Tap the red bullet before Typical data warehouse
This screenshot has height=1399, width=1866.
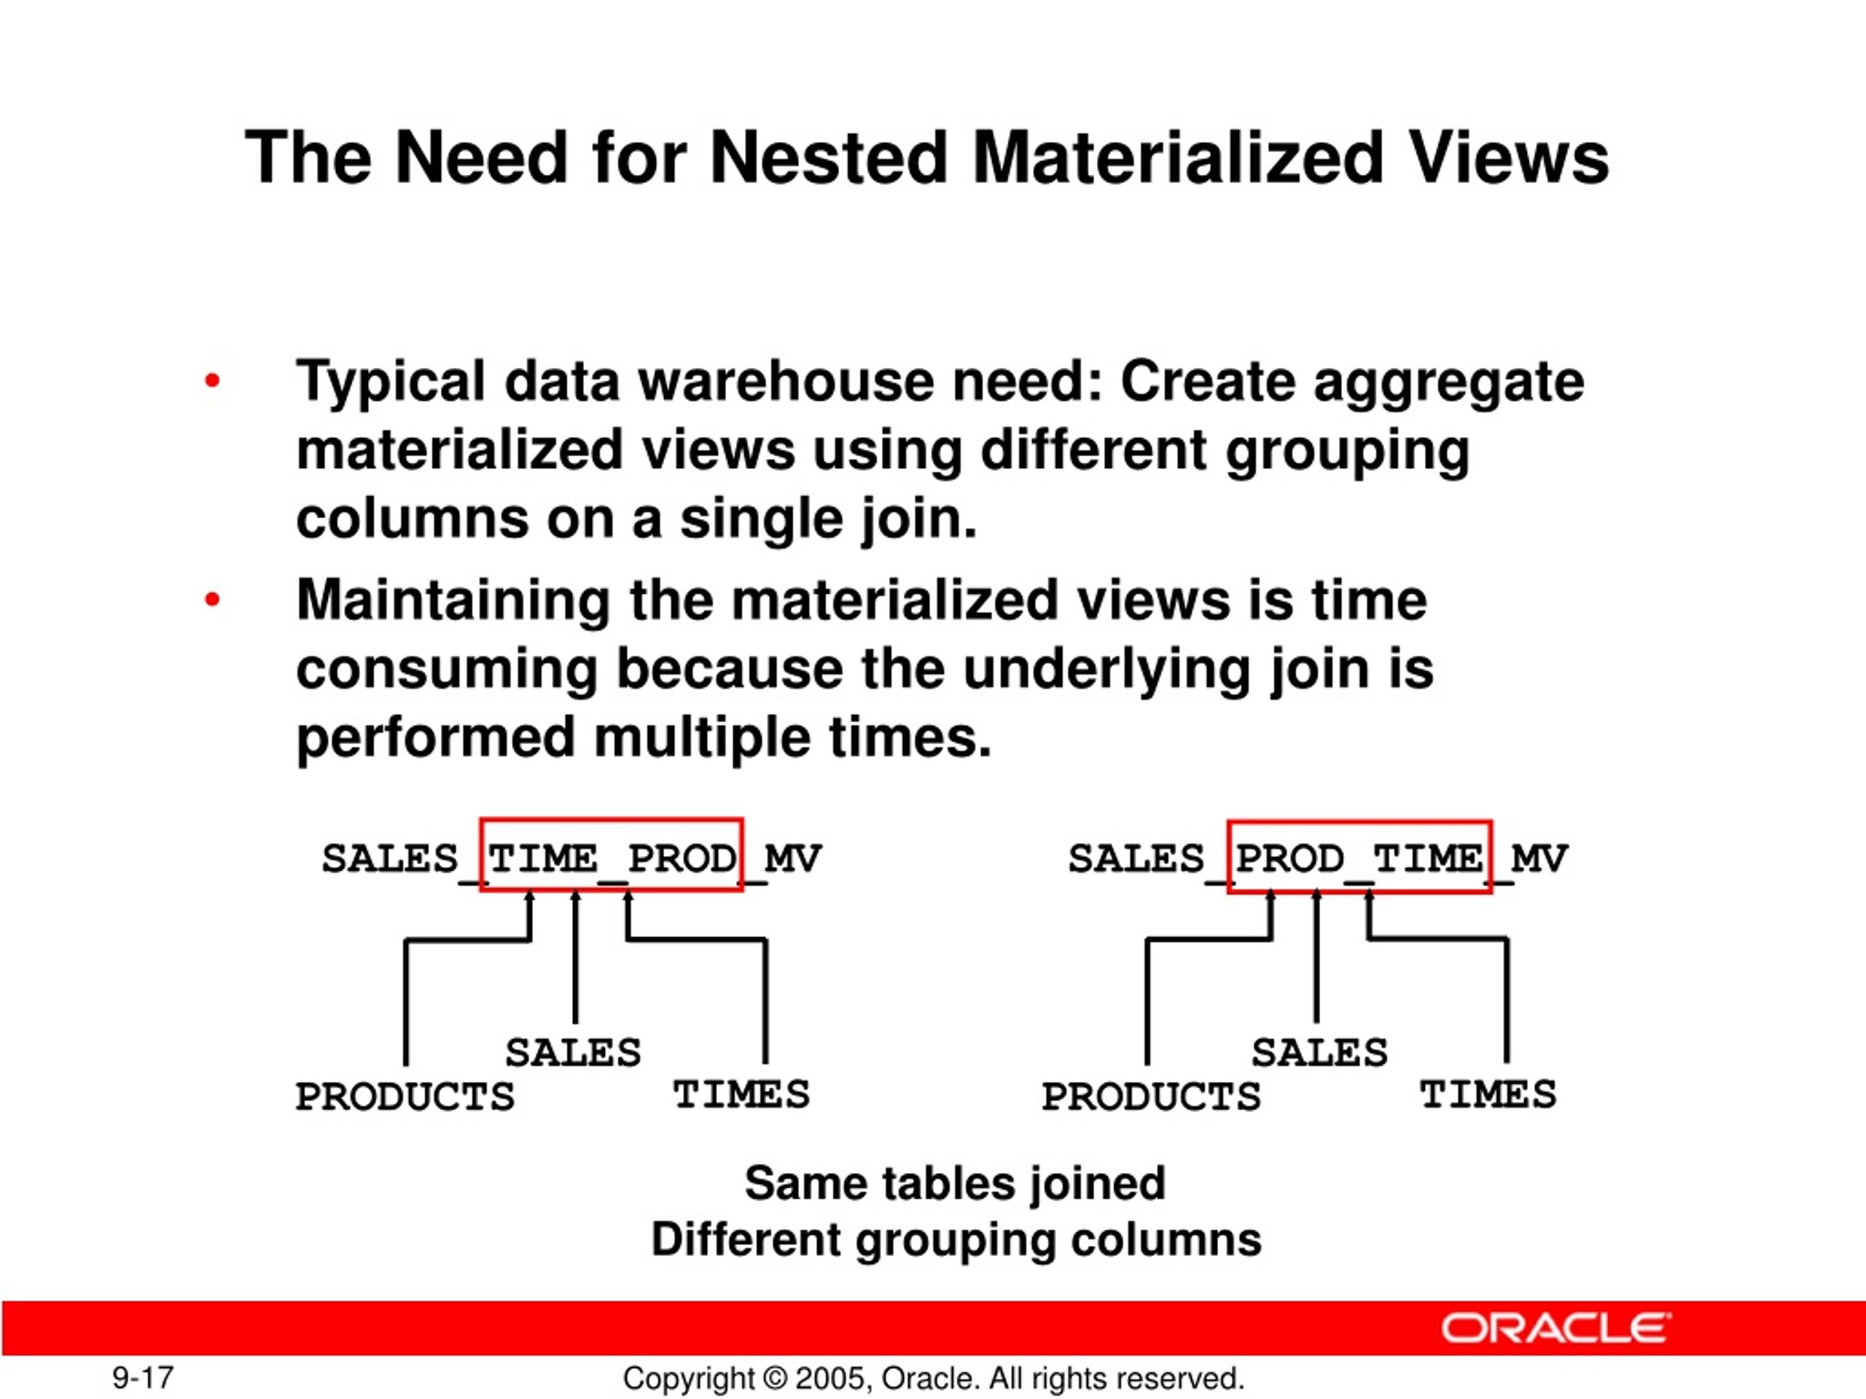pos(211,381)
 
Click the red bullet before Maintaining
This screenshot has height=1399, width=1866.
pos(211,600)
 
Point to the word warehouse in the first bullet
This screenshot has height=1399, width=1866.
pos(785,381)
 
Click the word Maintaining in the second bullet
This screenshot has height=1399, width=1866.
pos(453,600)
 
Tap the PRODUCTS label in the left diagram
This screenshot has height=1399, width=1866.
pos(405,1097)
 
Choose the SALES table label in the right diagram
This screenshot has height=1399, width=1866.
pos(1319,1052)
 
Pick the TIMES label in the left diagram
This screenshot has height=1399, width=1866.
pos(741,1094)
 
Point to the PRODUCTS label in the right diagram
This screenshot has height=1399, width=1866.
pos(1151,1097)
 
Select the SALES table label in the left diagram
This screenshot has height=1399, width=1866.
pos(573,1052)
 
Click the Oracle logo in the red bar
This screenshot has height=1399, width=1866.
pos(1555,1328)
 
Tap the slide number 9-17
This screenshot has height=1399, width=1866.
pos(143,1378)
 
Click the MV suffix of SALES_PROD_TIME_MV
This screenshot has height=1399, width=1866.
pos(1539,858)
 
